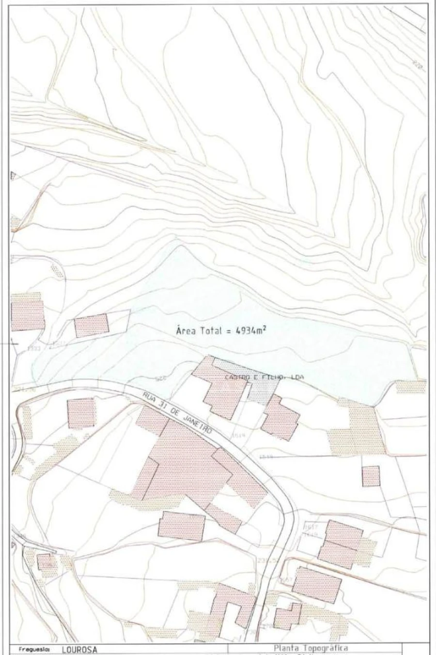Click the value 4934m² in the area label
coord(252,330)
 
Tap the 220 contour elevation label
coord(416,65)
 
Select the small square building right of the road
coord(371,476)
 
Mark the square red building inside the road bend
coord(81,413)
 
